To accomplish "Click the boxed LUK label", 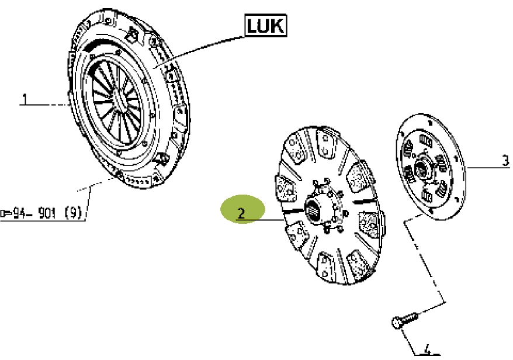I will pos(265,26).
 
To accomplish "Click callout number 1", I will pos(25,99).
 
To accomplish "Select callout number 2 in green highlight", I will pos(241,213).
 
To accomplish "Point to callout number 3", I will pos(505,161).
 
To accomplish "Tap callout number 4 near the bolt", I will pos(427,349).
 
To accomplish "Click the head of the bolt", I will pos(396,322).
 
